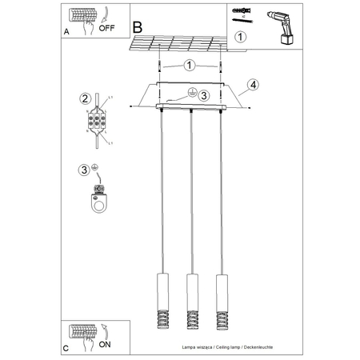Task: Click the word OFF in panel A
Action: (x=106, y=26)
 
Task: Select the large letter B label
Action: (x=138, y=26)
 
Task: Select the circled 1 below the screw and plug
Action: (x=241, y=36)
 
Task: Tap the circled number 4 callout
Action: (x=253, y=84)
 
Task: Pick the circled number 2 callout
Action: (x=83, y=99)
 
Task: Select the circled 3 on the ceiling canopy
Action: (x=204, y=96)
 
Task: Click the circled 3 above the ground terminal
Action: (x=84, y=170)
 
